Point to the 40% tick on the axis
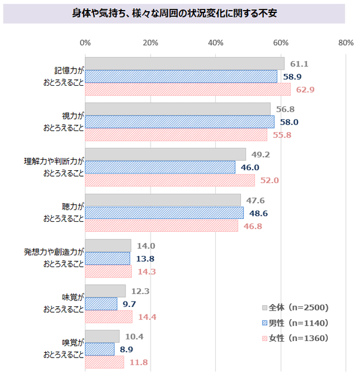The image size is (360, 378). [x=216, y=42]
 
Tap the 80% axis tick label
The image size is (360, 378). [x=345, y=42]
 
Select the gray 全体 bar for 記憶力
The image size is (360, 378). [x=185, y=63]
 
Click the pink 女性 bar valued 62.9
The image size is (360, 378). [x=188, y=89]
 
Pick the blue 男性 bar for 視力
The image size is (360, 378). [x=179, y=122]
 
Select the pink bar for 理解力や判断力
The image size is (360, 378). [x=170, y=180]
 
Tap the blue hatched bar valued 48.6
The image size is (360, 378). [x=164, y=212]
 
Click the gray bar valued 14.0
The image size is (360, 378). [x=108, y=245]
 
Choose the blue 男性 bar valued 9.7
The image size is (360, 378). [x=101, y=303]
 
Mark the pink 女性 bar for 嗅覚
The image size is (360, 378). [x=104, y=362]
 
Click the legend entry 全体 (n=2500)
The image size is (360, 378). [x=294, y=308]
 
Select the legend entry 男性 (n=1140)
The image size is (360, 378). [x=294, y=323]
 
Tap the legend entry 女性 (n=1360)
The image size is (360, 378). [x=294, y=338]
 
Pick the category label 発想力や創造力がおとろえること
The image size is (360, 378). [x=54, y=258]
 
